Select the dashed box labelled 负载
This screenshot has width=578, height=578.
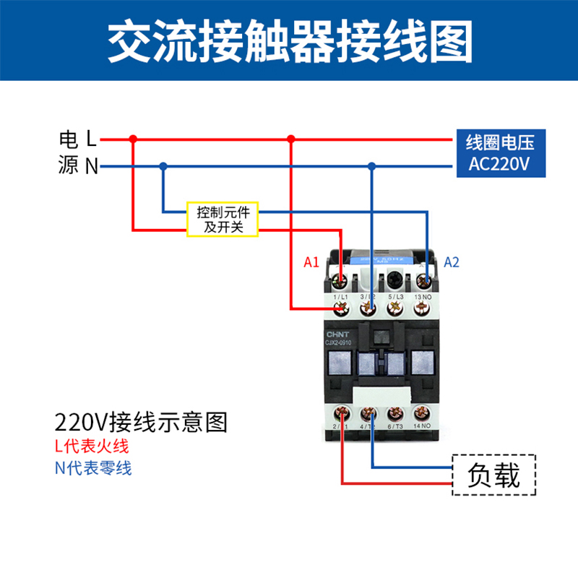[494, 475]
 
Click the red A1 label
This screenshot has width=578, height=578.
[311, 262]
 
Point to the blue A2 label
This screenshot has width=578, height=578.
[451, 262]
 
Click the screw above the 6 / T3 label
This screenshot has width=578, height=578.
[394, 414]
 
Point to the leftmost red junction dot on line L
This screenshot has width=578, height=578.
[133, 138]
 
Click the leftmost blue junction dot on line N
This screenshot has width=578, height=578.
[163, 166]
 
